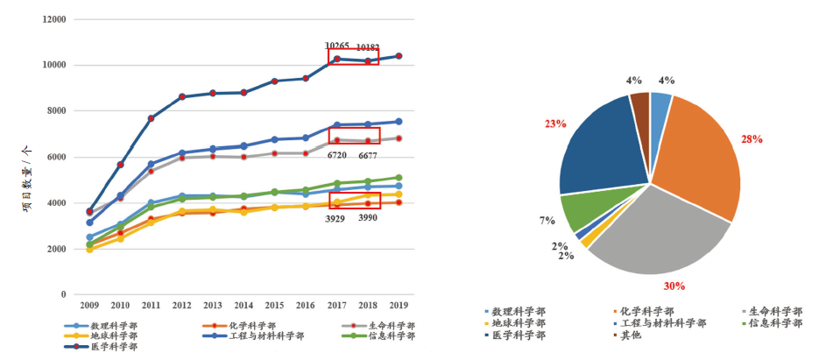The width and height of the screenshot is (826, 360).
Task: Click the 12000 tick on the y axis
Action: (54, 19)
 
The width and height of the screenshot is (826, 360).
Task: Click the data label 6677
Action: (368, 156)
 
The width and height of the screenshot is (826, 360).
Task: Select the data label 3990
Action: (369, 217)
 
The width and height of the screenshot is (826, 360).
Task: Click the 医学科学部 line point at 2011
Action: (152, 118)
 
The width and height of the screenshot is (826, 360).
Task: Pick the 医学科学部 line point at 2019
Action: (399, 56)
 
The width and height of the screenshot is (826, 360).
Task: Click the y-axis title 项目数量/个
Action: (27, 180)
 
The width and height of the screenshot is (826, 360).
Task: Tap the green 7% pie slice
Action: (581, 209)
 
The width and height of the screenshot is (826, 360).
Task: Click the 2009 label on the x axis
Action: (89, 306)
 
